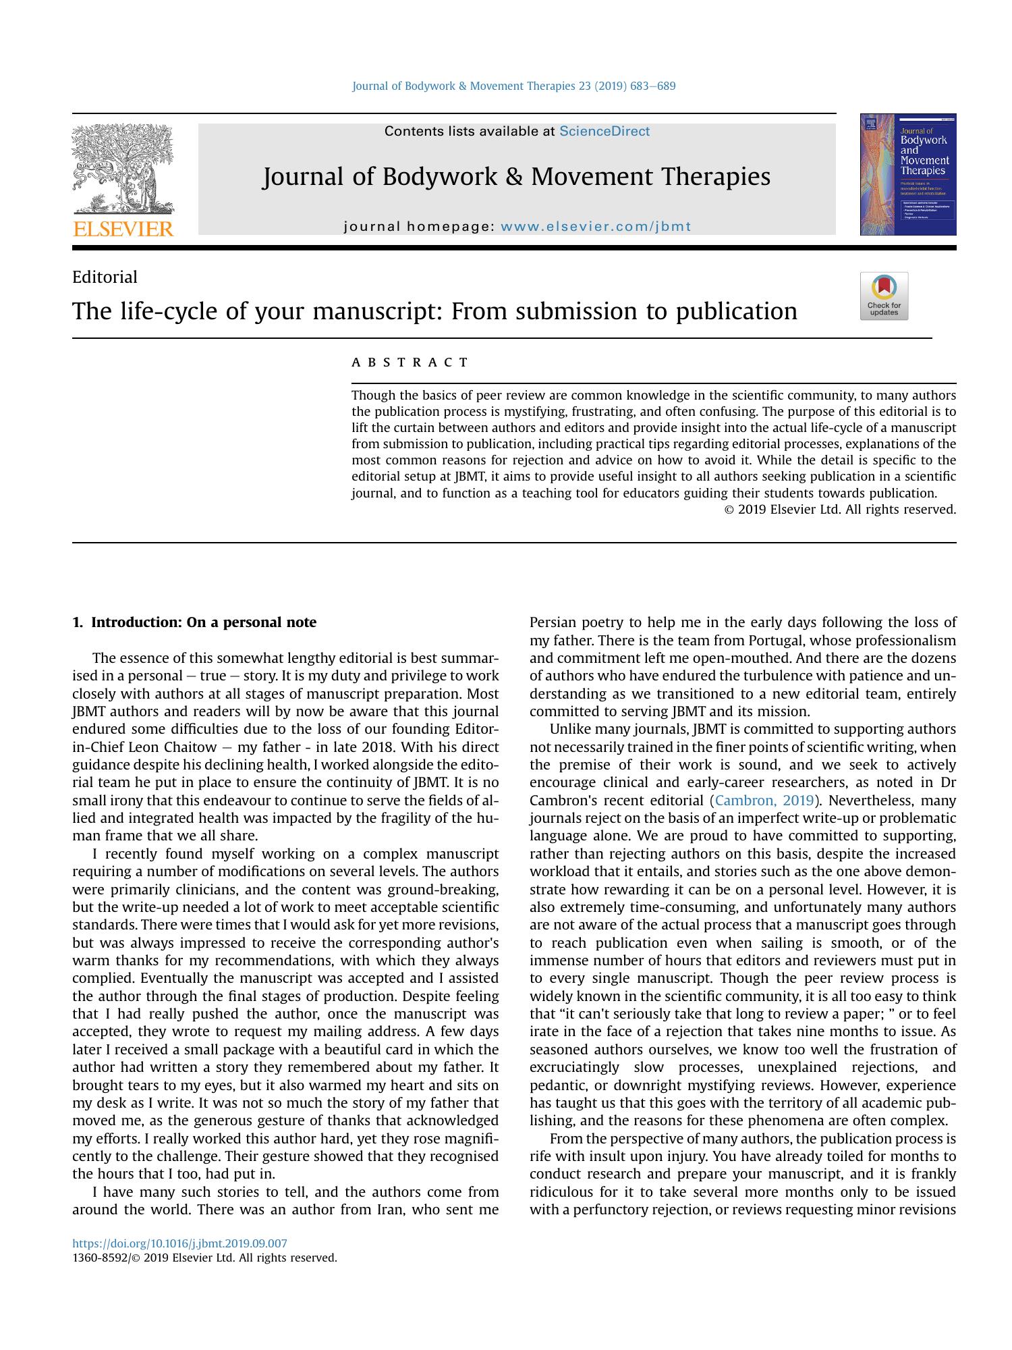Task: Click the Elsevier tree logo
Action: pyautogui.click(x=123, y=169)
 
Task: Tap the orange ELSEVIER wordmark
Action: pyautogui.click(x=123, y=229)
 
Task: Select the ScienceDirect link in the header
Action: pyautogui.click(x=604, y=132)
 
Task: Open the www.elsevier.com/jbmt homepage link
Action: pyautogui.click(x=596, y=227)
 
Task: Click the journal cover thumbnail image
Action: pyautogui.click(x=907, y=174)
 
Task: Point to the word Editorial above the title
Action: pyautogui.click(x=105, y=277)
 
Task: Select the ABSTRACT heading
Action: pyautogui.click(x=410, y=362)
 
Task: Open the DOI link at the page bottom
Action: pyautogui.click(x=179, y=1243)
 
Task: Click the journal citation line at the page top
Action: pyautogui.click(x=513, y=86)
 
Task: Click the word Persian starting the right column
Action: pyautogui.click(x=553, y=622)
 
